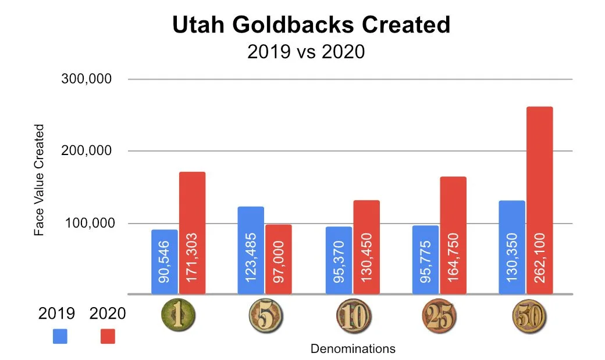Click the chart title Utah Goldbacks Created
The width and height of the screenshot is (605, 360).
pos(311,25)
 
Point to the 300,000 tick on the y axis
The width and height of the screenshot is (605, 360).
pos(87,79)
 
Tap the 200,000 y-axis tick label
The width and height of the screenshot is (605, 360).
pos(87,151)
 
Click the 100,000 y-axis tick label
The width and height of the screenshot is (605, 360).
pos(87,224)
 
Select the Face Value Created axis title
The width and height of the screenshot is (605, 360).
pos(39,179)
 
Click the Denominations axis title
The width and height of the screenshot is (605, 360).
pos(353,349)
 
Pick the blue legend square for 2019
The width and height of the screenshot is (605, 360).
pos(60,336)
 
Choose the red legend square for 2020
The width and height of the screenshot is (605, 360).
pos(108,336)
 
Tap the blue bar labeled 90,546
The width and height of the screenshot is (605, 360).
pos(165,261)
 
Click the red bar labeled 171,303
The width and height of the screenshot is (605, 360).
pos(192,232)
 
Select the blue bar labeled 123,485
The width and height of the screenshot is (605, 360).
pos(251,250)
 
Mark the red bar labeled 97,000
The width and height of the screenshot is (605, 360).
pos(278,259)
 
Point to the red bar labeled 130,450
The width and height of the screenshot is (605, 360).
pos(366,247)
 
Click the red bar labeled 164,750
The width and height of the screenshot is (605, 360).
pos(453,235)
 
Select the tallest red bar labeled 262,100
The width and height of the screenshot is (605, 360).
pos(539,200)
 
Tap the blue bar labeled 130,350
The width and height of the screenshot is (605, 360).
pos(512,247)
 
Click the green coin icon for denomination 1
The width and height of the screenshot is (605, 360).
pos(178,315)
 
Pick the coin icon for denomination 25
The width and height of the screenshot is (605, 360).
pos(439,315)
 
